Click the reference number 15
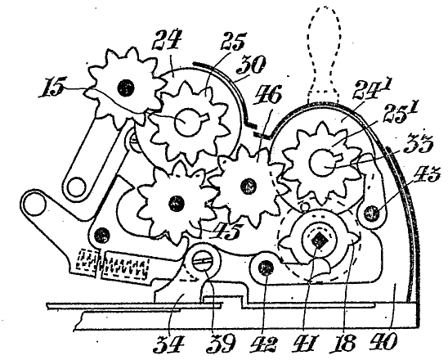53,88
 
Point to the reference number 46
269,95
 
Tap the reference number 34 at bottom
168,344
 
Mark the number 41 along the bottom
303,344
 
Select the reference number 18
343,343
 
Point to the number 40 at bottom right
383,341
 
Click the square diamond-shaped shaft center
318,241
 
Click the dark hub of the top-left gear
125,88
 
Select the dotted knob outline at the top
325,53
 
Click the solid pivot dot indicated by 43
371,213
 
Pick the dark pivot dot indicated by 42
266,268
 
